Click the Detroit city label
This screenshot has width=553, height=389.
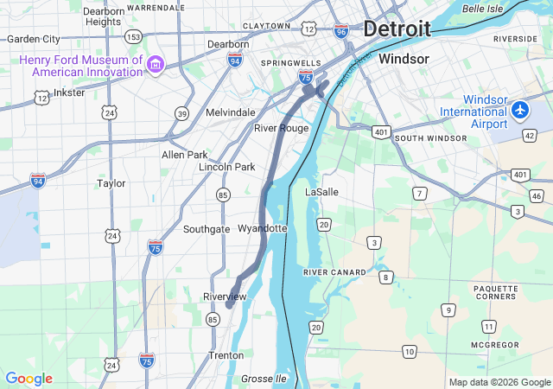tap(397, 29)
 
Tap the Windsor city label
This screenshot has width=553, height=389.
tap(404, 60)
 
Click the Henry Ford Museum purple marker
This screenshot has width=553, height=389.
tap(156, 64)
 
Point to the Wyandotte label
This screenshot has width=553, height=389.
tap(262, 228)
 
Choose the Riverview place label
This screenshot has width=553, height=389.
tap(225, 297)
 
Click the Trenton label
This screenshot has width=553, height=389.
tap(226, 355)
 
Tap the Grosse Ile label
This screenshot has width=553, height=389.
tap(263, 379)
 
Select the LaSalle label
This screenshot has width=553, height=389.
tap(322, 191)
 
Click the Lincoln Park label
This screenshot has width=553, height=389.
tap(226, 167)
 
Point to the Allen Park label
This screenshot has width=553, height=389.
tap(185, 155)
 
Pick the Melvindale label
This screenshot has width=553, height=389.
tap(230, 112)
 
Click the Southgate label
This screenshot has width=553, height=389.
tap(207, 229)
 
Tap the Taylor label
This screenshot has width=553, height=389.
tap(111, 183)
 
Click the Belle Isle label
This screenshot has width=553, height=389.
tap(485, 8)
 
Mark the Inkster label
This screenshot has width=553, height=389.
tap(69, 92)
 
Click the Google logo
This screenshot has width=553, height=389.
tap(29, 379)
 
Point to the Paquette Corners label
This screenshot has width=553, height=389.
tap(495, 293)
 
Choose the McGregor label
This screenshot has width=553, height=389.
tap(500, 345)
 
